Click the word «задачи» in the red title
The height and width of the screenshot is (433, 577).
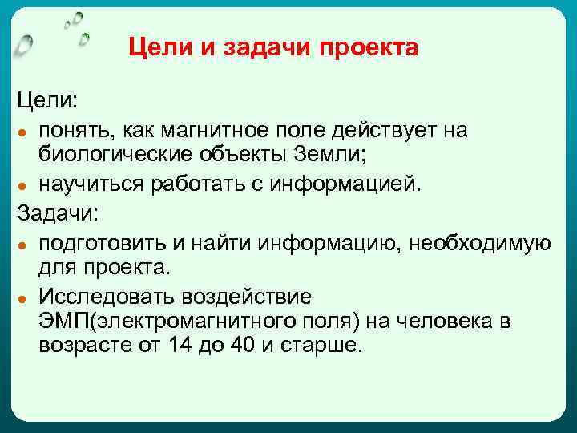(269, 49)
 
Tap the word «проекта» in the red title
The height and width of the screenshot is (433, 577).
(369, 49)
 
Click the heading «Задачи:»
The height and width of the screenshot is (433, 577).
(57, 214)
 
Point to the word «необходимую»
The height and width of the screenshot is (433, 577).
(482, 242)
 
